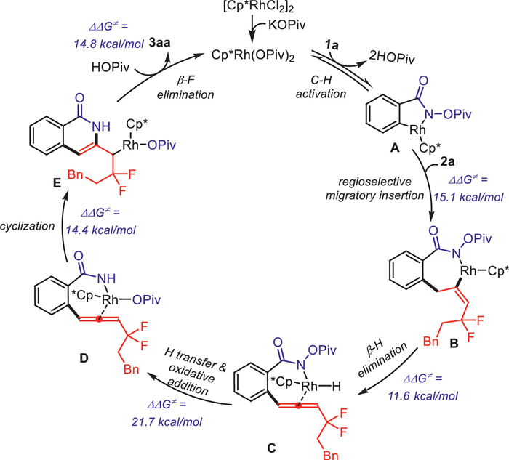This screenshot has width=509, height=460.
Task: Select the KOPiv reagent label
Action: [x=287, y=25]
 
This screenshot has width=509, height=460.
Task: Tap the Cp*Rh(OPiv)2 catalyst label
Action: [x=253, y=55]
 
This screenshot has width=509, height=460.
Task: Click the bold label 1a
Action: [x=332, y=45]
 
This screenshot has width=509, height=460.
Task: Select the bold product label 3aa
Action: [x=159, y=42]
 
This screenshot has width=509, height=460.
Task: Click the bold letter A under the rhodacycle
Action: [x=395, y=148]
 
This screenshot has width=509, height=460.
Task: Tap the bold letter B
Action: [x=454, y=343]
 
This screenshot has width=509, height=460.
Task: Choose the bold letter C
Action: [x=271, y=448]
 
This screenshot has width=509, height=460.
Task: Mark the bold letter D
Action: [x=84, y=358]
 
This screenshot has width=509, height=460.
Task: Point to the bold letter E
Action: [x=57, y=184]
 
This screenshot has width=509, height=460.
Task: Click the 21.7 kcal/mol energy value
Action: [x=167, y=421]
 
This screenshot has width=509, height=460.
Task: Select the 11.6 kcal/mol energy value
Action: [x=423, y=395]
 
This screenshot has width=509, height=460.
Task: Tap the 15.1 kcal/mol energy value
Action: [x=468, y=197]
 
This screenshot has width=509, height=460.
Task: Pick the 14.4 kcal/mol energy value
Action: [x=101, y=230]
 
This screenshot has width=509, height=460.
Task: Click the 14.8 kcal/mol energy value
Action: [x=109, y=44]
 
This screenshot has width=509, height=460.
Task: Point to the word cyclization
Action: [x=28, y=226]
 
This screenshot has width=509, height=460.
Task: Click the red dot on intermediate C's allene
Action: [x=300, y=405]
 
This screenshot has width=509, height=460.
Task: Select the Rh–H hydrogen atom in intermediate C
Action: [x=336, y=387]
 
